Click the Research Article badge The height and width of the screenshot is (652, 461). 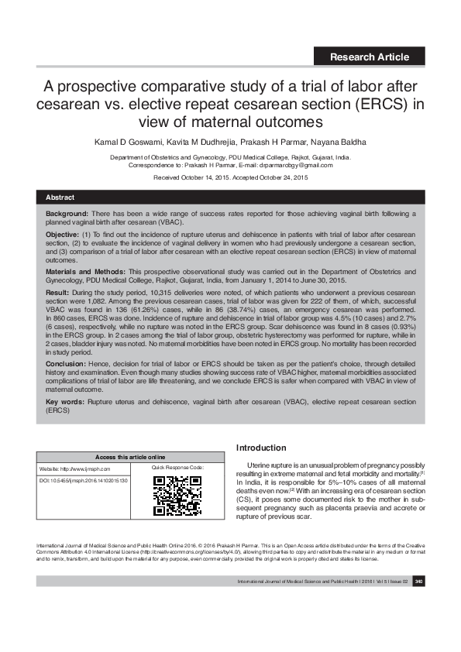click(369, 57)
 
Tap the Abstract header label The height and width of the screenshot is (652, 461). click(60, 198)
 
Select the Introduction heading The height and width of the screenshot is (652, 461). click(261, 448)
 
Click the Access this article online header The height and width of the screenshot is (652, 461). click(129, 457)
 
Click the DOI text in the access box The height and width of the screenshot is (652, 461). click(83, 481)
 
